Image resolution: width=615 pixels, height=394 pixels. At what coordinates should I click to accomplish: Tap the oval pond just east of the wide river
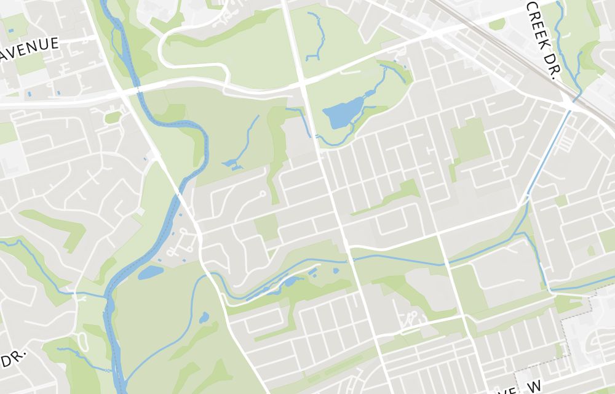[x=150, y=272]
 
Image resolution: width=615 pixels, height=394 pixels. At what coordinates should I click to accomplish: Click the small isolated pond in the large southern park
[x=204, y=318]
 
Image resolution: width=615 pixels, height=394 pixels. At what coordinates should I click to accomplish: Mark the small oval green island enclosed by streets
[x=113, y=117]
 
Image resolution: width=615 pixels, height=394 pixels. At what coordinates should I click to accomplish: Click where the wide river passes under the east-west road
[x=137, y=91]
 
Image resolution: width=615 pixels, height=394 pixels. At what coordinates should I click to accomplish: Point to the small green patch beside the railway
[x=497, y=24]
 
